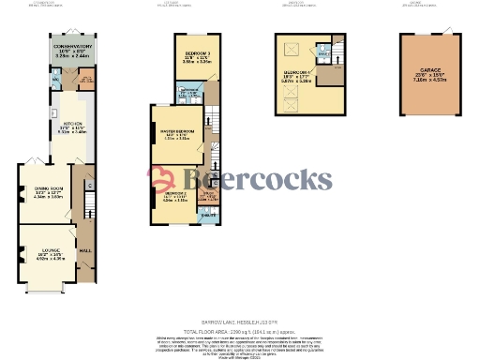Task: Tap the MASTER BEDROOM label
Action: pyautogui.click(x=178, y=131)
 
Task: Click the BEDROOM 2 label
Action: pyautogui.click(x=176, y=194)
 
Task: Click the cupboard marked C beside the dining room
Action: pyautogui.click(x=88, y=184)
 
